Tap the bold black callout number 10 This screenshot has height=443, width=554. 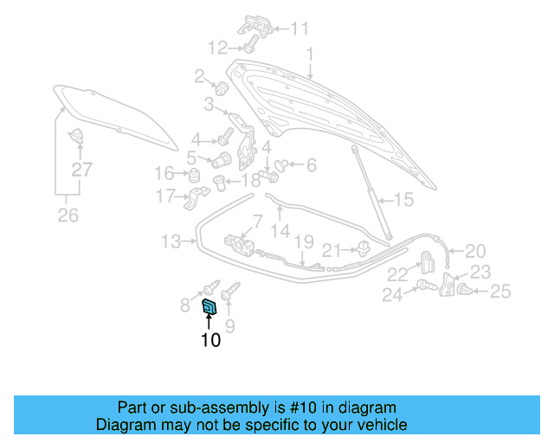point(210,340)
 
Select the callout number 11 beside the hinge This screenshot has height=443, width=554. point(299,29)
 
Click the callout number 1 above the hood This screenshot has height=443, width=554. point(310,55)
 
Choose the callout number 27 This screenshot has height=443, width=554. point(81,170)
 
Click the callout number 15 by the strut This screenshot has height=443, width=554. point(404,201)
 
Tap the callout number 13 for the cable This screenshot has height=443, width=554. point(171,241)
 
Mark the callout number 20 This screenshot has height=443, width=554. point(475,251)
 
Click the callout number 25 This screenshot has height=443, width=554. point(500,292)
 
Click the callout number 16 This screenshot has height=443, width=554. point(164,171)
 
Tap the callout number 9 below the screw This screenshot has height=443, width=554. point(230,326)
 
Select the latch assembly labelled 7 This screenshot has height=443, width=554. point(242,246)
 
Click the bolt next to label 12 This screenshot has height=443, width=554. point(248,43)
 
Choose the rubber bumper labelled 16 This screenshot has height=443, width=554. point(196,177)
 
